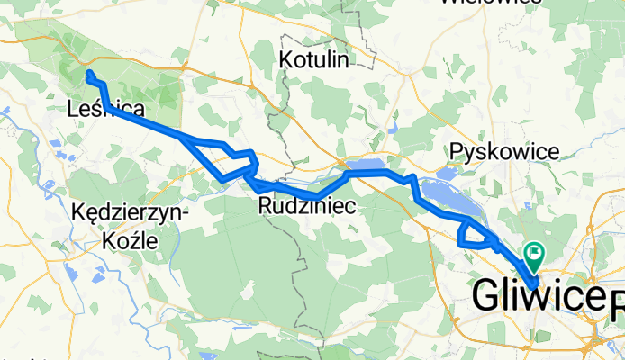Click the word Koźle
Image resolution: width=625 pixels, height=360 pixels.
[130, 241]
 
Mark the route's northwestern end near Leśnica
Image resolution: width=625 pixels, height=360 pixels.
[88, 72]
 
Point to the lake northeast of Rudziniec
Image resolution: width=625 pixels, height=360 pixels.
[365, 166]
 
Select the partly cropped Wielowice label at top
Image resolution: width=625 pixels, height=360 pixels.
[477, 4]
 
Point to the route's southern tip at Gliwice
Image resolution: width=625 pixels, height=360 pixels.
[535, 285]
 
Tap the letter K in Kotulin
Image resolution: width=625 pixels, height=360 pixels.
[286, 60]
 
